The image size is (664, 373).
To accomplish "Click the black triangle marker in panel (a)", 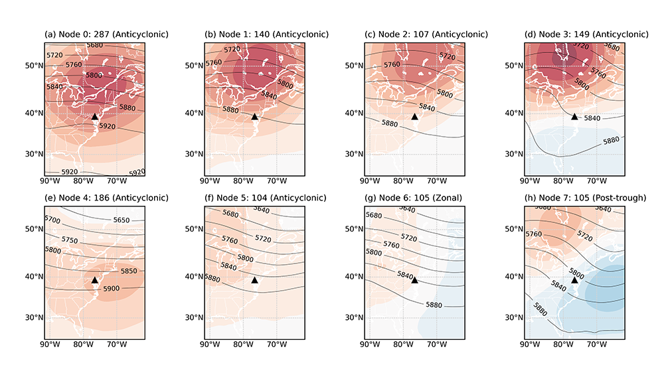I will pos(94,116).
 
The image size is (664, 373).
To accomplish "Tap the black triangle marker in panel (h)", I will pos(574,280).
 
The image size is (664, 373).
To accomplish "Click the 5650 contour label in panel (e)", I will pos(122,220).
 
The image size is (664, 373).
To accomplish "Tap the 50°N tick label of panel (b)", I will pos(193,66).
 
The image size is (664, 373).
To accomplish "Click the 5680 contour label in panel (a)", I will pos(95,45).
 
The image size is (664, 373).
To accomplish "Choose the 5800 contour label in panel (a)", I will pos(93,76).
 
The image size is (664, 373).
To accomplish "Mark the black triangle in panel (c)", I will pos(415,116).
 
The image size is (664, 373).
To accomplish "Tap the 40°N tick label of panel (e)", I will pos(33,277).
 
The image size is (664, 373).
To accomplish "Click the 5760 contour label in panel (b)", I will pos(214,63).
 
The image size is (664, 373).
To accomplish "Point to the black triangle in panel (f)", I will pos(254,280).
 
